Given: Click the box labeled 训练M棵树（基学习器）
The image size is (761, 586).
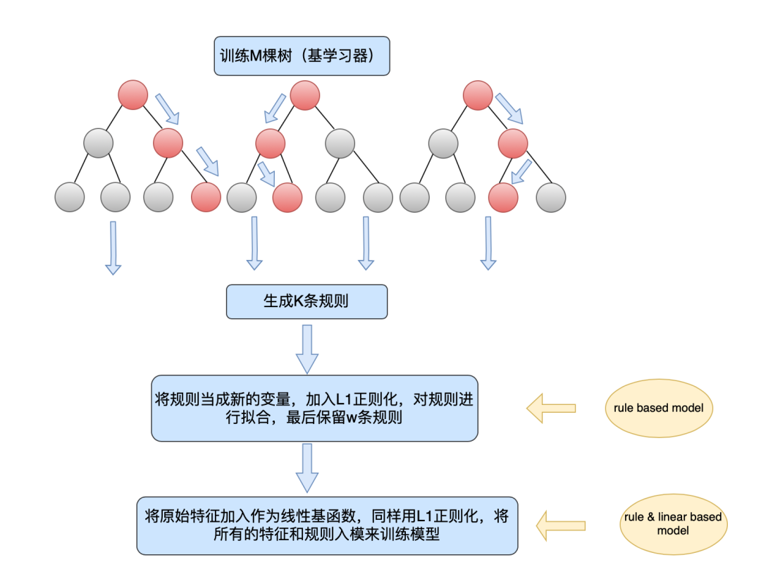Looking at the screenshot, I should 302,56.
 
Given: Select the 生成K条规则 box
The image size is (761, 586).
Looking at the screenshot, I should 307,301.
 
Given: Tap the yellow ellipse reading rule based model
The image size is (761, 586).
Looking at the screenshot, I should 657,408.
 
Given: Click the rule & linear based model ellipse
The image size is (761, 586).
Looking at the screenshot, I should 672,523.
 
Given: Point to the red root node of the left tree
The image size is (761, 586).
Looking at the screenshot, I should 133,95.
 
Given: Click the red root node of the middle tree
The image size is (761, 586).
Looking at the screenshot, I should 304,95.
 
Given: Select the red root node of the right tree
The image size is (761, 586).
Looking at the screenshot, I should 478,95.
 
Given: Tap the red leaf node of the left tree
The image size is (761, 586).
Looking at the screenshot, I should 206,197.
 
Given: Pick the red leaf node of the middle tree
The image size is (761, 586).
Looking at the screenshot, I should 287,197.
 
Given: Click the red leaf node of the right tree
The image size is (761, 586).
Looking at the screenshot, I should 503,197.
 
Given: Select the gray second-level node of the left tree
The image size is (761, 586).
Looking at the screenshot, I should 98,143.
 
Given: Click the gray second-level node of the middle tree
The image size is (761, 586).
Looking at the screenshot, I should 340,143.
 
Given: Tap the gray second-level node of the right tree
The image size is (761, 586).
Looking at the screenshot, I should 443,143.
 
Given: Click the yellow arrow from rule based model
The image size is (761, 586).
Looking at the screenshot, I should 551,408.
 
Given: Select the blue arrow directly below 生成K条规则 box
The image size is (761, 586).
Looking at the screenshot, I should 307,349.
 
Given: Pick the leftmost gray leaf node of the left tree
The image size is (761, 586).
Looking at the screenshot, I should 69,197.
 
